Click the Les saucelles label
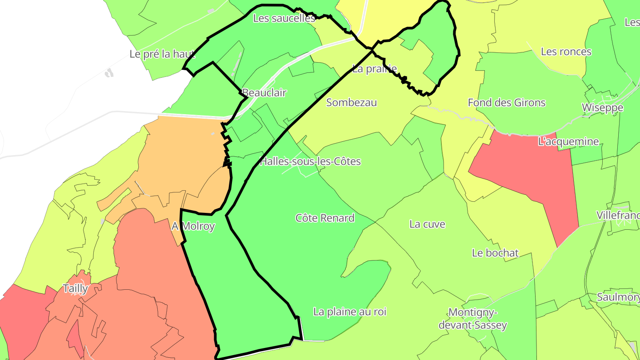284,18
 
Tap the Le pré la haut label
162,54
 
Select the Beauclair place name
264,93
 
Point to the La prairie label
374,69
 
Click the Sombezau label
352,103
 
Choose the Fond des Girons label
507,103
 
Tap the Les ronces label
566,52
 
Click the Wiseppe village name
603,108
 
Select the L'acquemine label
568,142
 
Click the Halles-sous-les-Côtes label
310,161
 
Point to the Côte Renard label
325,218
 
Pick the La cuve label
427,224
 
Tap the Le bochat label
495,253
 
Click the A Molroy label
193,226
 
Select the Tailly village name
76,288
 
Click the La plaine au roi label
350,312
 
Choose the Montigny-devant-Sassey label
473,319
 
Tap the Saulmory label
618,297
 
